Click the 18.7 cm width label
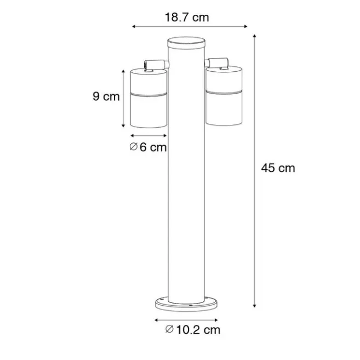(x=187, y=18)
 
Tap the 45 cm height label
(x=278, y=168)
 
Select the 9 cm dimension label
(x=106, y=97)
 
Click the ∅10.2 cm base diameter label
(x=193, y=329)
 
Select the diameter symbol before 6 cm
(x=133, y=147)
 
